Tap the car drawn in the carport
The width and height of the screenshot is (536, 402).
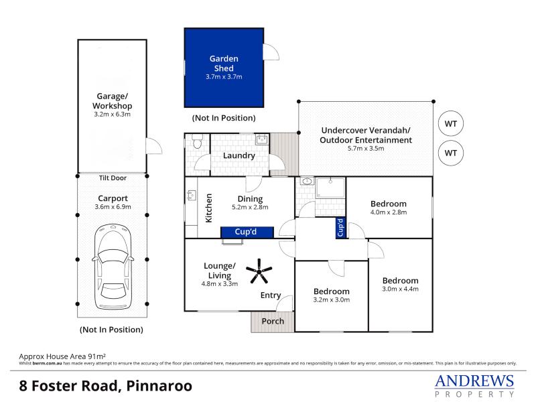[x=113, y=267]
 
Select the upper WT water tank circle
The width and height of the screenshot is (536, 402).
[x=451, y=123]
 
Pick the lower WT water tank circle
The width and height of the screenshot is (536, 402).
[x=451, y=153]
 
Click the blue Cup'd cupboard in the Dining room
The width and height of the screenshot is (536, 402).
[x=247, y=232]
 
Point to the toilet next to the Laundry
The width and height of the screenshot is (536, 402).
[x=197, y=141]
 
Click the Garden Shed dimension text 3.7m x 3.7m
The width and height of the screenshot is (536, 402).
[x=224, y=77]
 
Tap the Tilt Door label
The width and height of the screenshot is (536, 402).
[x=113, y=178]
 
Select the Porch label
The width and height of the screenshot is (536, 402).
[x=273, y=321]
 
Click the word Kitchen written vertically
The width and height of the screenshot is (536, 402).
[x=208, y=208]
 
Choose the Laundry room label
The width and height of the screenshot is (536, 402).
[x=239, y=156]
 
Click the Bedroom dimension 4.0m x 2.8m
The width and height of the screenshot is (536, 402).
[x=389, y=212]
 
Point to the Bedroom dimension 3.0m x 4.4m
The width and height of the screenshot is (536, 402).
[x=400, y=289]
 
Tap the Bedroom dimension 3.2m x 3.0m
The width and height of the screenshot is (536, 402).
[x=331, y=299]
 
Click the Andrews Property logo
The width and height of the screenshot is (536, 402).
[x=474, y=386]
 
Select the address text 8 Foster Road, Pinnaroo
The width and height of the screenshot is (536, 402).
[x=106, y=386]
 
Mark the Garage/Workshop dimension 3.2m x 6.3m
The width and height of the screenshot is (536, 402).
[x=112, y=115]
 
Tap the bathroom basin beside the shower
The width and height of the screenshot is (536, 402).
[x=307, y=181]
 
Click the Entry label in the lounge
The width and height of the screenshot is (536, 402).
[x=271, y=295]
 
